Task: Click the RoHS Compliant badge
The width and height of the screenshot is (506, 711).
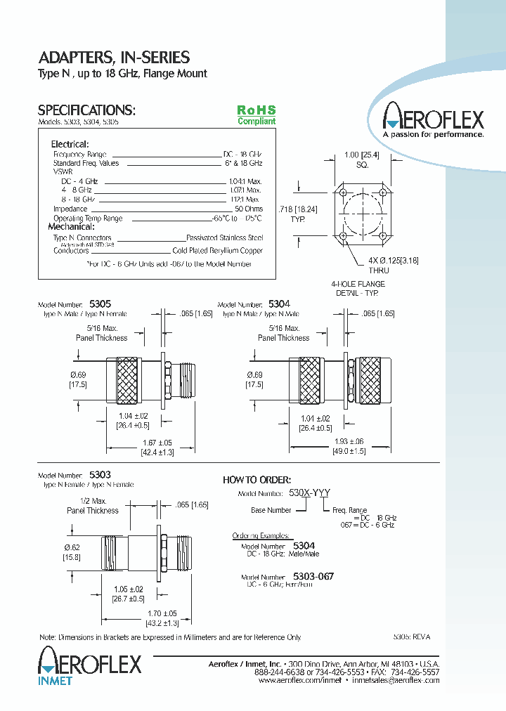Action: point(256,115)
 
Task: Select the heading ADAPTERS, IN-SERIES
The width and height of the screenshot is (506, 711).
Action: point(113,58)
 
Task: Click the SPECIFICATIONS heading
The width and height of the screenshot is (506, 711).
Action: point(86,110)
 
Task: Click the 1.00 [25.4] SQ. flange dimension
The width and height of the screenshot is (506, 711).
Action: point(362,159)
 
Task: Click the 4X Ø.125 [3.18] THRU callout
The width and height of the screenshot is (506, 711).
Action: point(393,265)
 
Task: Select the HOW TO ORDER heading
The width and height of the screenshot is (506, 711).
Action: point(256,480)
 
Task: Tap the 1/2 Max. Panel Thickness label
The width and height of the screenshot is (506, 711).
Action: point(93,505)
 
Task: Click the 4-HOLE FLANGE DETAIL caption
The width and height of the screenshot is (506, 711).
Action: point(358,288)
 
